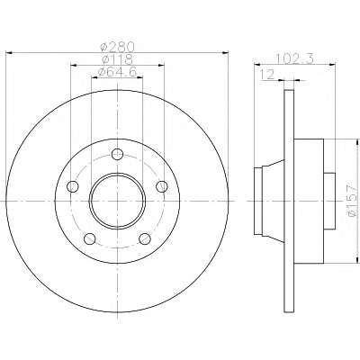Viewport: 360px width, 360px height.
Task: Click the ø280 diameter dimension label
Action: point(117,47)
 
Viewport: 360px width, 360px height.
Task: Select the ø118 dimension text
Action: point(117,58)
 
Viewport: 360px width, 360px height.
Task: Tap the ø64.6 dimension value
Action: point(118,71)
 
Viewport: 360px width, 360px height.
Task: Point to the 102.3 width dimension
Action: point(294,58)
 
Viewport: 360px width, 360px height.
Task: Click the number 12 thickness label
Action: point(267,75)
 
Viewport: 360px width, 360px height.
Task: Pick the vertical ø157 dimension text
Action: point(352,200)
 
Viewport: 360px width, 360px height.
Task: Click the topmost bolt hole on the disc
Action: point(117,155)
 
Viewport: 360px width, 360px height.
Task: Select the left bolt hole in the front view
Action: point(73,186)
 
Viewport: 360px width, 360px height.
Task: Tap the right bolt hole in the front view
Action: point(162,186)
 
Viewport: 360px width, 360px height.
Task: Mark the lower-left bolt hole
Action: point(90,238)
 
